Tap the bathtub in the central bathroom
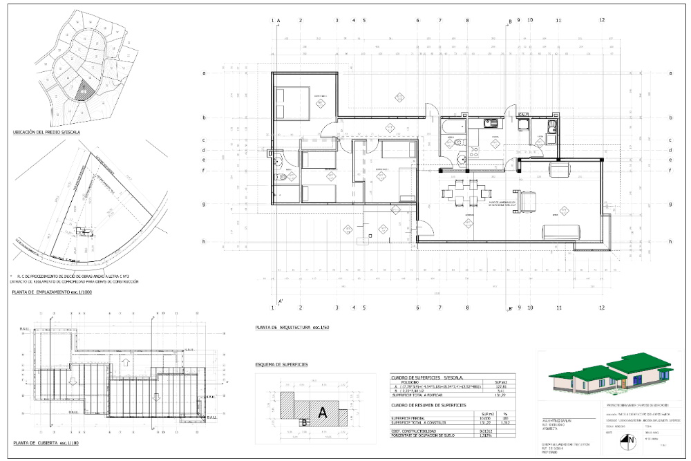(453, 126)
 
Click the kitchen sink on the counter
(491, 124)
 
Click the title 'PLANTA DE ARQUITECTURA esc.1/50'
(292, 326)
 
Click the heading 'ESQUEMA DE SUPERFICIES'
(281, 364)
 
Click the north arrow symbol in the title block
(630, 439)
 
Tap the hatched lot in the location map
(84, 90)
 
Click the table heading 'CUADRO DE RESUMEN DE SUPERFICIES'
(419, 405)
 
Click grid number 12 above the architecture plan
(602, 20)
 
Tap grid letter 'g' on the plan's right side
(670, 205)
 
